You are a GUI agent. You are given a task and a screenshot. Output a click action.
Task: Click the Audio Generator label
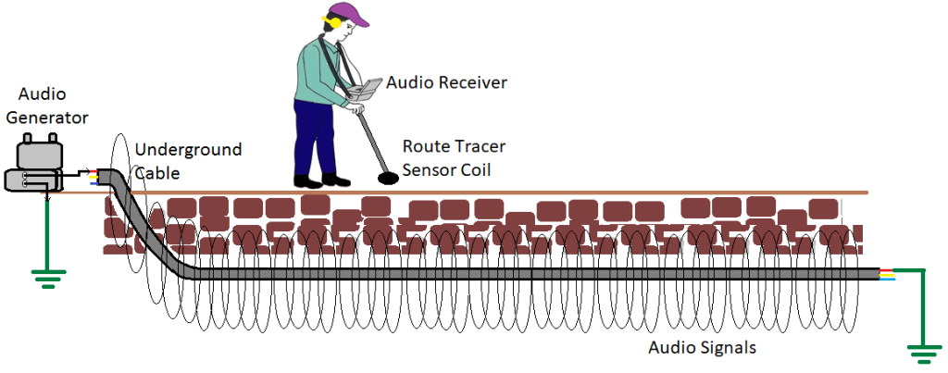[54, 107]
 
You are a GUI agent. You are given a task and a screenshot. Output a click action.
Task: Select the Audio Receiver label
[447, 83]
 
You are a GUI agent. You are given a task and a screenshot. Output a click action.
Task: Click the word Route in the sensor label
[424, 146]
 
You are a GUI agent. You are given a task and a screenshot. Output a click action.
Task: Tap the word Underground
[188, 150]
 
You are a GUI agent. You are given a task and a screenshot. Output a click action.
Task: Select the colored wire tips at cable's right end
[888, 275]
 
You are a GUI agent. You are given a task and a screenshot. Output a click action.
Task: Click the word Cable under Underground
[155, 171]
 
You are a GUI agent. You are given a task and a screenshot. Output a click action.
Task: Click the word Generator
[54, 118]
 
